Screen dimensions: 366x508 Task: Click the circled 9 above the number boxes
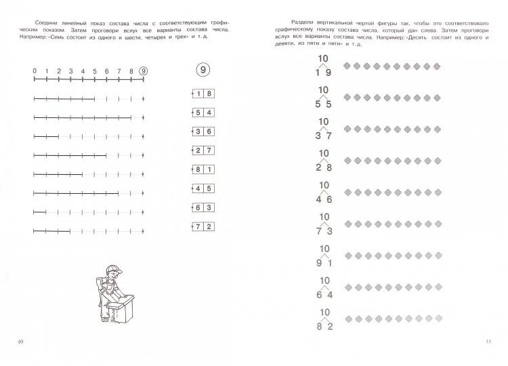click(x=201, y=70)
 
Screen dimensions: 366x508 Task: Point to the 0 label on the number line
click(x=35, y=70)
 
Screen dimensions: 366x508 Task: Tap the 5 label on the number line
click(x=95, y=70)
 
